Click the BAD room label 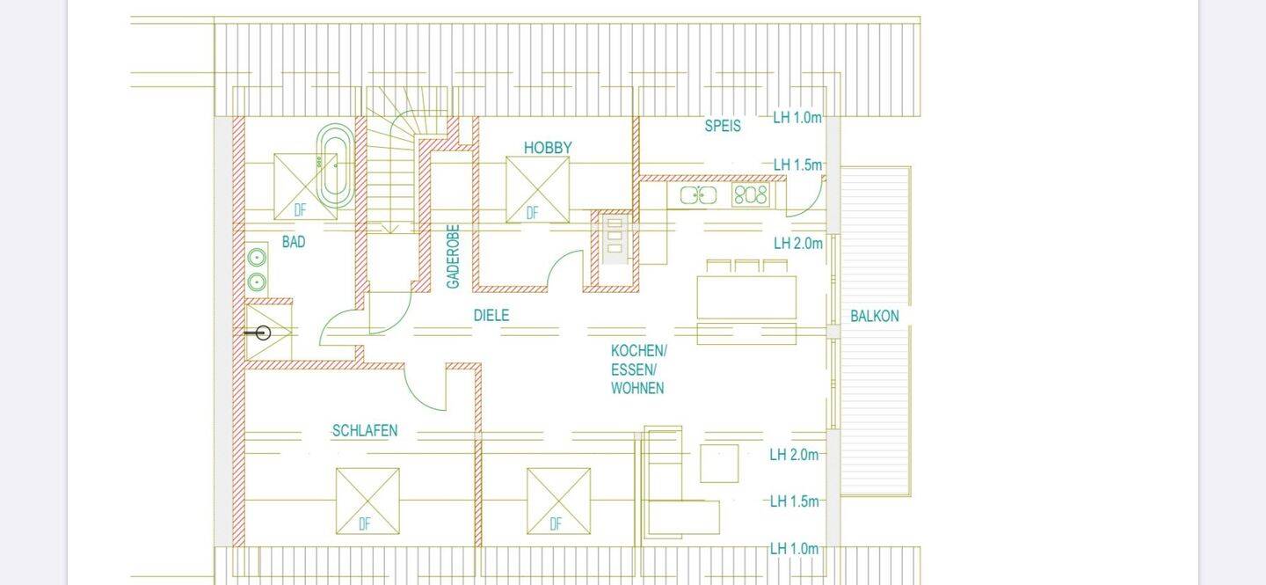tap(294, 242)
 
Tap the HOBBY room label tap(548, 148)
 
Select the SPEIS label tap(723, 126)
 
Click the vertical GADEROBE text tap(454, 256)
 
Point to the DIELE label tap(491, 315)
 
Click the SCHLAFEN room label tap(365, 430)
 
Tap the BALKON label tap(874, 316)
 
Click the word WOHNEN tap(637, 388)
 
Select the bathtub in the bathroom tap(335, 165)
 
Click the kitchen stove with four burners tap(751, 194)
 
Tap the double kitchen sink tap(698, 195)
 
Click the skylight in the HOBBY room tap(537, 189)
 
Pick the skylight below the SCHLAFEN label tap(367, 501)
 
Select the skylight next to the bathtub tap(305, 186)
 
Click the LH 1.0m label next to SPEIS tap(797, 118)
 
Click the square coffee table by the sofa tap(719, 464)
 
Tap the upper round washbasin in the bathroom tap(257, 258)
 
